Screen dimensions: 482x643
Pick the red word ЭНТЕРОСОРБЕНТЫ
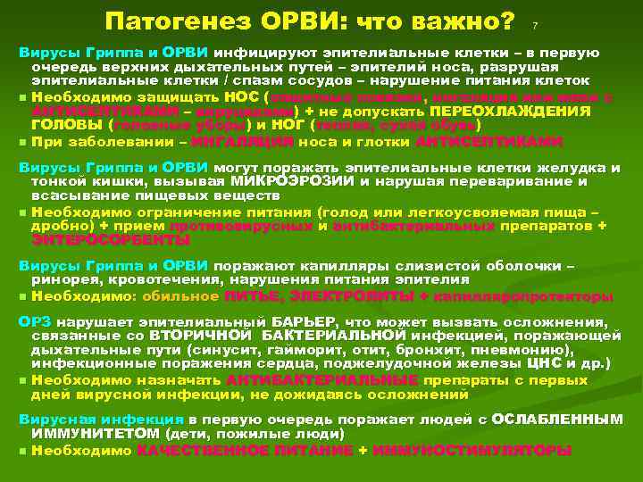coord(100,238)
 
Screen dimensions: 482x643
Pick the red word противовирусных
coord(242,226)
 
